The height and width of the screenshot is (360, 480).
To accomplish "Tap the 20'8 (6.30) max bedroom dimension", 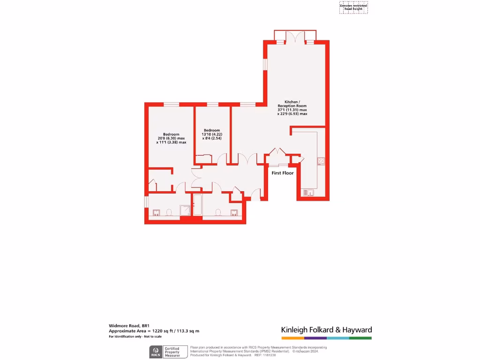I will click(x=171, y=138).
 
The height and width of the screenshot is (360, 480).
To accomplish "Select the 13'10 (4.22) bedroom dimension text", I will click(x=211, y=134).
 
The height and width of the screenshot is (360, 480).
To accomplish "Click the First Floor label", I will click(x=283, y=173).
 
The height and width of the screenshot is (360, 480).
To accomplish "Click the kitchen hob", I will click(x=322, y=161).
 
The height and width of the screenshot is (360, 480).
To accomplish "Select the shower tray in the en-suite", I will click(x=186, y=210).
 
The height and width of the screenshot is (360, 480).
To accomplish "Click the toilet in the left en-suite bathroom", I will click(x=169, y=213).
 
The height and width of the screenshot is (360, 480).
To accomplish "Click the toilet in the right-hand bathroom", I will click(x=218, y=213).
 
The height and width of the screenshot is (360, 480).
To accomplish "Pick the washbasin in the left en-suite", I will click(x=156, y=212).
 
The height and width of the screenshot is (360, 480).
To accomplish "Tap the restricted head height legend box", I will click(x=353, y=7).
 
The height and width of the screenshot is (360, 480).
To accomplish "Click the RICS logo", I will click(x=155, y=352).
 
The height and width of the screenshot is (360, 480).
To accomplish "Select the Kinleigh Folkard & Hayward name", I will click(x=326, y=330).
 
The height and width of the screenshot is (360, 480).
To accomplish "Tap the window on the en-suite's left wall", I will click(x=146, y=201).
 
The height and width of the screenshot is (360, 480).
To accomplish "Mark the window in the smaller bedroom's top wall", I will click(x=212, y=105).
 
